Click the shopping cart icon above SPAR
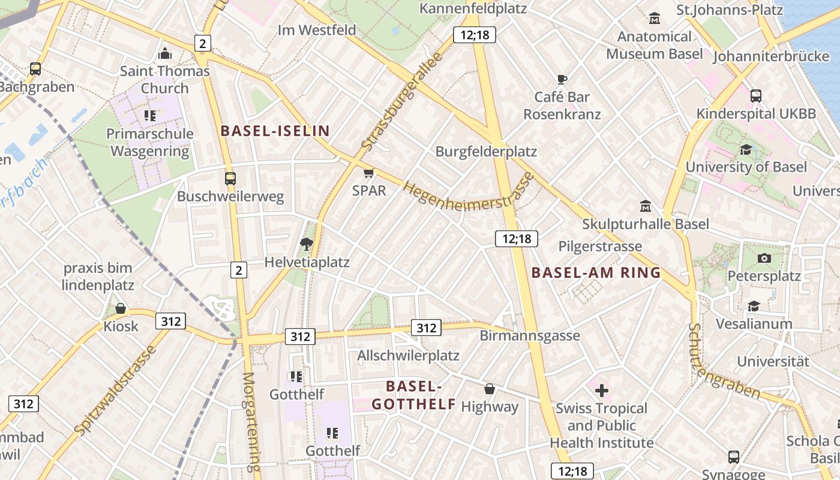click(x=368, y=173)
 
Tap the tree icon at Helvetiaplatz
click(x=307, y=244)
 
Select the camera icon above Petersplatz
click(x=764, y=258)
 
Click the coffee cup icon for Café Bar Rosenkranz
click(x=562, y=79)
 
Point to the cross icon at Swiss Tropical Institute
click(x=601, y=391)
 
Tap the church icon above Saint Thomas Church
click(x=164, y=54)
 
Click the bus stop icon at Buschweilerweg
click(x=230, y=178)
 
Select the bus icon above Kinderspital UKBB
click(x=755, y=95)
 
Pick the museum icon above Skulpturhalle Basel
click(x=646, y=206)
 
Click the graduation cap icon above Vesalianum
click(x=754, y=307)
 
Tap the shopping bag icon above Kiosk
click(x=121, y=309)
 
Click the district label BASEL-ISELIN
click(x=275, y=131)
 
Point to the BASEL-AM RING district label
click(x=596, y=273)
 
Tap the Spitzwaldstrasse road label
click(x=116, y=390)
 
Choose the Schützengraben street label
click(x=723, y=364)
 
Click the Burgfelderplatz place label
click(x=486, y=151)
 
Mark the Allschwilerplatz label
click(x=408, y=356)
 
